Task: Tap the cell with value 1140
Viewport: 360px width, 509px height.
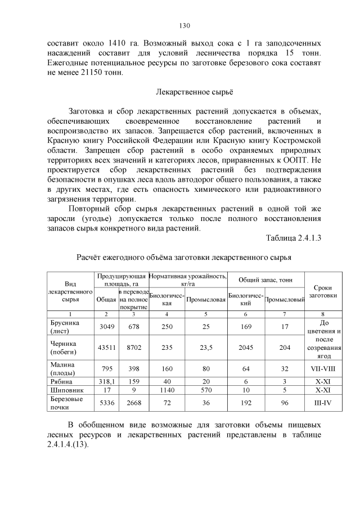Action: pyautogui.click(x=167, y=389)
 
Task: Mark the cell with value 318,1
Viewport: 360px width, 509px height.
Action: pyautogui.click(x=106, y=380)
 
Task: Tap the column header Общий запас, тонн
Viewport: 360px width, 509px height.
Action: pyautogui.click(x=265, y=279)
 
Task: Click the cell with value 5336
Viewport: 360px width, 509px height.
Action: pyautogui.click(x=106, y=403)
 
